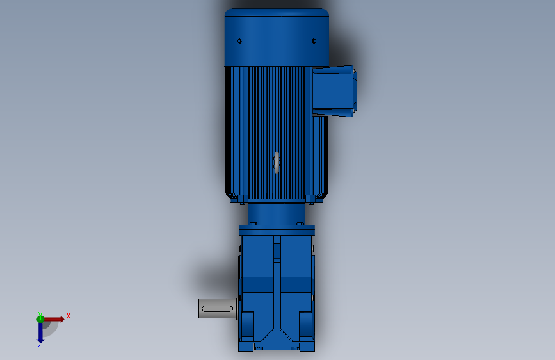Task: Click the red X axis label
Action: point(68,316)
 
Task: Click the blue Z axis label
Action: point(40,344)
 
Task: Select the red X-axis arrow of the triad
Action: point(55,318)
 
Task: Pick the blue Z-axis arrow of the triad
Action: point(40,332)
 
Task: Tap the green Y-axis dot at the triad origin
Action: point(40,318)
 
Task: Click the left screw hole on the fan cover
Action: point(239,41)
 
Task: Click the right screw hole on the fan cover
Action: point(314,42)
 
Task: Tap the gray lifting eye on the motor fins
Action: point(277,162)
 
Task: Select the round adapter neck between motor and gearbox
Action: point(276,213)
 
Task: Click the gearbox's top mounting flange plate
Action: point(277,230)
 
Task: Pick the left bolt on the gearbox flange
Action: point(253,223)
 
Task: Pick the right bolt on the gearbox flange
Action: point(300,223)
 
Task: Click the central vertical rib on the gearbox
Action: point(277,282)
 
